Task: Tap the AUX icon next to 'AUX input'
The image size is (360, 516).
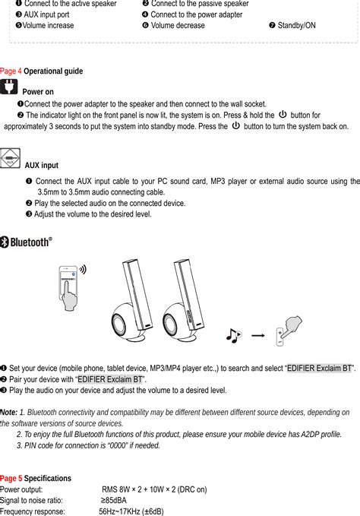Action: pos(11,159)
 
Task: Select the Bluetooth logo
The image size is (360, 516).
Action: pos(27,242)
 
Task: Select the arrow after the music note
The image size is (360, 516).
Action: pos(257,334)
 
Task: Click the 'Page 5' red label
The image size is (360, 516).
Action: pos(11,478)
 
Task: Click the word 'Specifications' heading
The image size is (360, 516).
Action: pos(48,478)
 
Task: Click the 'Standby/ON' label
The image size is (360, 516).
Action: pos(296,25)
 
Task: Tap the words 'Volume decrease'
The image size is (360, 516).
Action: pos(178,25)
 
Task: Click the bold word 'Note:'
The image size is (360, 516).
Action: pos(9,411)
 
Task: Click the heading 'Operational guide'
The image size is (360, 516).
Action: pos(53,71)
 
